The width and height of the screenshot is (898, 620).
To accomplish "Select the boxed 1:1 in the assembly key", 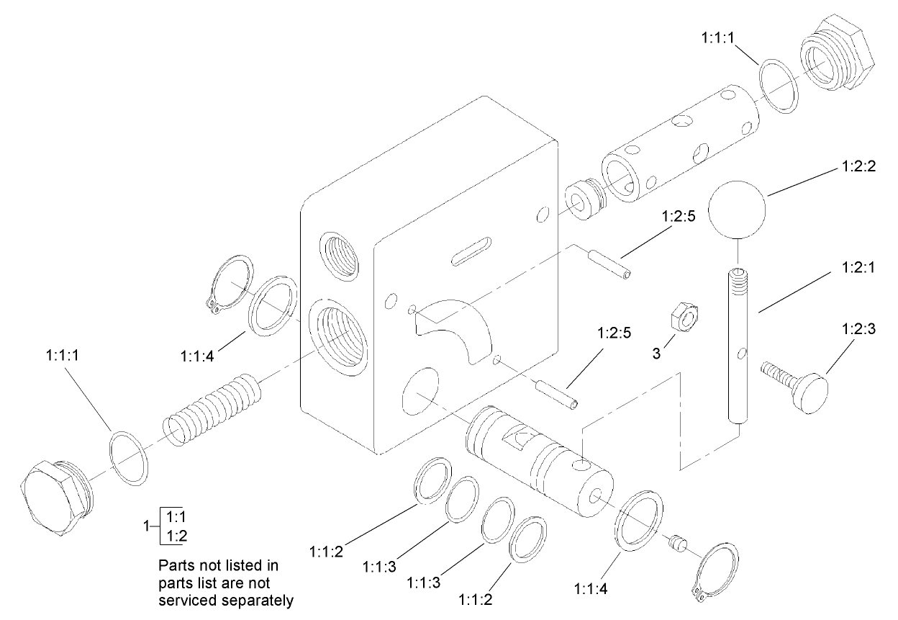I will pyautogui.click(x=175, y=516).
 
